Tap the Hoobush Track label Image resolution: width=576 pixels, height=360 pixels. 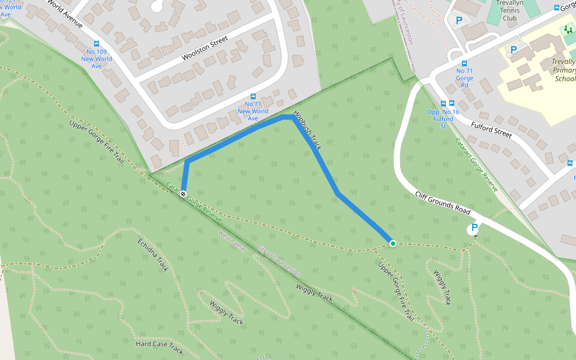click(x=308, y=131)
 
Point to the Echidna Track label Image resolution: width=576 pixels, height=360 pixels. click(x=153, y=256)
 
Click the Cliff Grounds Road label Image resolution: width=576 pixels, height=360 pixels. click(x=442, y=202)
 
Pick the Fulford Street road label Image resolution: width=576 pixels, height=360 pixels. click(x=491, y=130)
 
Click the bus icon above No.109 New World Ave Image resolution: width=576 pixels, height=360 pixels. click(x=96, y=44)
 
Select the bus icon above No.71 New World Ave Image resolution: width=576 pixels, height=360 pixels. click(x=253, y=96)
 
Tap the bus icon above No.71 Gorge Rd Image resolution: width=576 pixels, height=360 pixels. click(x=464, y=64)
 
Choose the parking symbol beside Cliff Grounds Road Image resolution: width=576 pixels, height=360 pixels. click(x=474, y=228)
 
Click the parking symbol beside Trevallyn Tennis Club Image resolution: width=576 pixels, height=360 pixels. click(x=459, y=20)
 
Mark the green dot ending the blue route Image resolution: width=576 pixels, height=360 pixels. click(x=392, y=243)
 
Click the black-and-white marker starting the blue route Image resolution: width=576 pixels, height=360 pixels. click(x=183, y=193)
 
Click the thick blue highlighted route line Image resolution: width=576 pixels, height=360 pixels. click(x=324, y=168)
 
